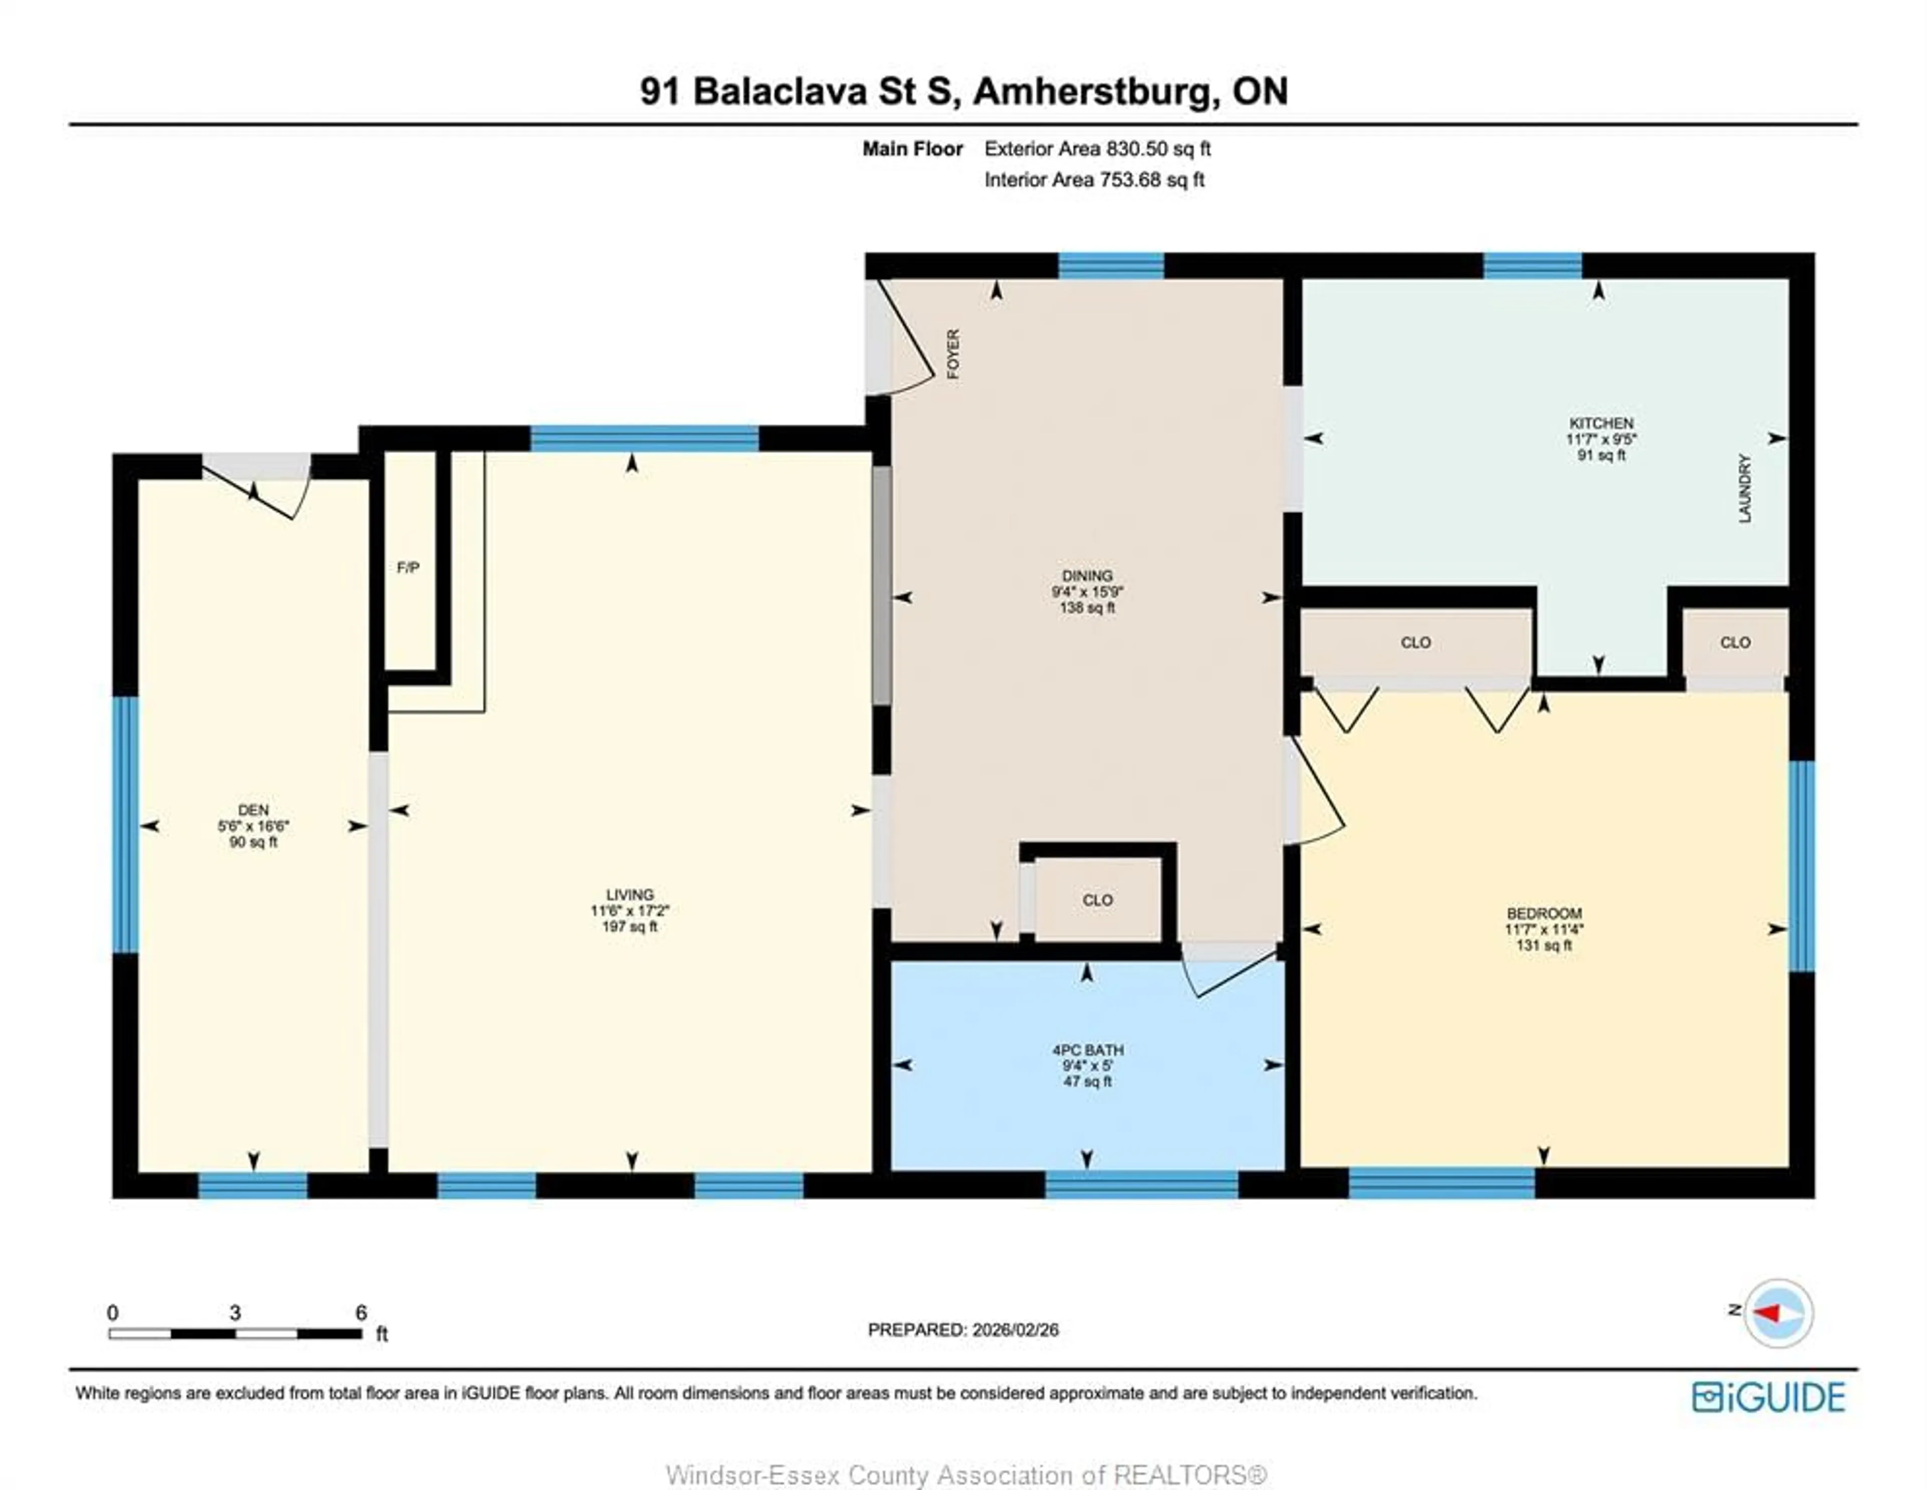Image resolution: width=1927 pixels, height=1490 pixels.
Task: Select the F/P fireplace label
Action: pos(407,568)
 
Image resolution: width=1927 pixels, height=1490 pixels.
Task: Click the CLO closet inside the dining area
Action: pos(1097,900)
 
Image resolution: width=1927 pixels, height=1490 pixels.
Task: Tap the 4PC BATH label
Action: pos(1087,1050)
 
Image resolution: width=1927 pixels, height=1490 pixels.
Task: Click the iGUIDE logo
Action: pos(1768,1397)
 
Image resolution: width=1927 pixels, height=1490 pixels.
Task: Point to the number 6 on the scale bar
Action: pos(361,1313)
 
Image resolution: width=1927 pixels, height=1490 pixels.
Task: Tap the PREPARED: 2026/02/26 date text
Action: pos(962,1329)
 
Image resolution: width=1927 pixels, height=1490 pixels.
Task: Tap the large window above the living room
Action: pos(644,438)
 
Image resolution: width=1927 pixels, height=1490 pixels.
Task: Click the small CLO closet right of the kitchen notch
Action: pos(1735,642)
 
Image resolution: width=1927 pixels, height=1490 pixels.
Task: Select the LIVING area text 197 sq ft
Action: pos(629,926)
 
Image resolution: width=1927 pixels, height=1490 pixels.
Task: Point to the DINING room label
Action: pos(1087,575)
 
